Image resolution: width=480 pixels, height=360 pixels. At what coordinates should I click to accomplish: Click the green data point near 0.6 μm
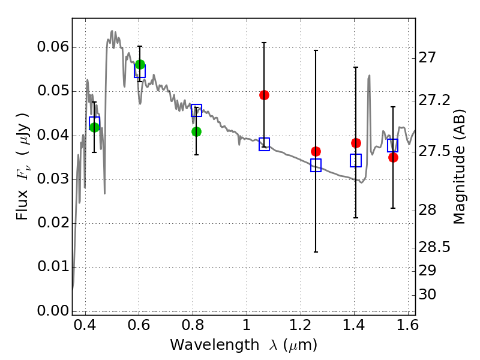[140, 64]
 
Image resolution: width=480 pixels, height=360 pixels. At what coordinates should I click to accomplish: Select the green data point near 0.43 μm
[94, 127]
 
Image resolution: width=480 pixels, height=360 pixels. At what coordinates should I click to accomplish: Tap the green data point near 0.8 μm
[196, 131]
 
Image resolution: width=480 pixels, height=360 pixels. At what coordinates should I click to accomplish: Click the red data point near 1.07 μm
[264, 95]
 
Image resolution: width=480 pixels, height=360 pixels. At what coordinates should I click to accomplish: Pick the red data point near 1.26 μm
[316, 151]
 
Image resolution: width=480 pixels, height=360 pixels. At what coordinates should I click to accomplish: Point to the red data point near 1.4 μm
[356, 143]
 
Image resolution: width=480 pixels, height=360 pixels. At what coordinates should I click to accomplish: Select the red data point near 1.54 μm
[393, 157]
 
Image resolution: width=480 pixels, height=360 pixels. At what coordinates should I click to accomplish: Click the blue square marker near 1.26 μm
[316, 165]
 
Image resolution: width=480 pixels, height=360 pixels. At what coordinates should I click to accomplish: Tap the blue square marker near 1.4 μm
[356, 160]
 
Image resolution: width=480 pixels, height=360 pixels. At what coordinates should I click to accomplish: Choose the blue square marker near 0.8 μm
[196, 110]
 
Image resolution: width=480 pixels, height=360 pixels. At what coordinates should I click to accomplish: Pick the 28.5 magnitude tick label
[435, 247]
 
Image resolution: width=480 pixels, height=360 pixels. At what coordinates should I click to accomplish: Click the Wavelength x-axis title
[244, 346]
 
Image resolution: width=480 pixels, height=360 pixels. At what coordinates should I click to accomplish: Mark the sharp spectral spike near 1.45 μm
[369, 76]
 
